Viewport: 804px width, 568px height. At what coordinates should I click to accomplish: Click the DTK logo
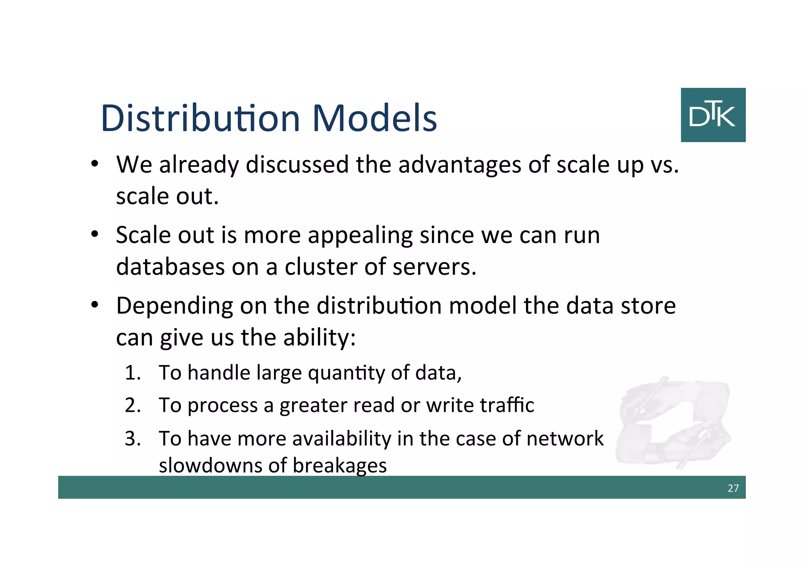click(x=713, y=115)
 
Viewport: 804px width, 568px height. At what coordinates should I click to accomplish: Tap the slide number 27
click(x=733, y=488)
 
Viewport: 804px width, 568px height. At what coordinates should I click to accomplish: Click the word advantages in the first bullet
click(x=459, y=164)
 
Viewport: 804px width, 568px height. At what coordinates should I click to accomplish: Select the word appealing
click(x=360, y=236)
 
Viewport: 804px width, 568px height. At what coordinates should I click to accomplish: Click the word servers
click(x=434, y=267)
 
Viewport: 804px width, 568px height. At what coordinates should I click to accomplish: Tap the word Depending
click(x=174, y=306)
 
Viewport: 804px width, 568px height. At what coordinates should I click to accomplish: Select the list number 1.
click(x=133, y=373)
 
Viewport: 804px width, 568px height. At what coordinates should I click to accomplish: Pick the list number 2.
click(x=133, y=405)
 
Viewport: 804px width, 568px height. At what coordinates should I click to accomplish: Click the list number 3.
click(x=133, y=438)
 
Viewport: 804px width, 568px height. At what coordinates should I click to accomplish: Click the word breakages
click(x=340, y=466)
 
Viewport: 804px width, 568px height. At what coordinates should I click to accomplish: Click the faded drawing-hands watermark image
click(x=673, y=422)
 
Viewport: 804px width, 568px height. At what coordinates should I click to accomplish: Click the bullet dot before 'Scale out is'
click(x=94, y=235)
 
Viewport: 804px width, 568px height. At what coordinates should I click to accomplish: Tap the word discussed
click(x=297, y=164)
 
